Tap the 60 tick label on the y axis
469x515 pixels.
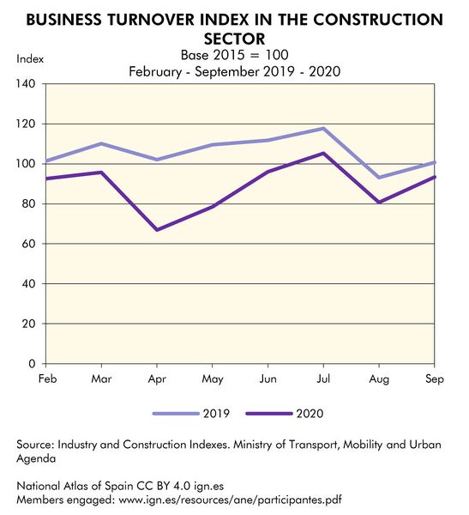tap(27, 244)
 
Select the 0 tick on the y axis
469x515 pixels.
tap(31, 364)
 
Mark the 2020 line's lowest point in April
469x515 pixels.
tap(157, 230)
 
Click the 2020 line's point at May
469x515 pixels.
tap(213, 207)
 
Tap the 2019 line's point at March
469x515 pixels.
tap(101, 143)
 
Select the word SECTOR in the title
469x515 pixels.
tap(234, 39)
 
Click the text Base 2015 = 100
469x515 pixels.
tap(234, 55)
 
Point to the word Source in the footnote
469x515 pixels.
tap(37, 445)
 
